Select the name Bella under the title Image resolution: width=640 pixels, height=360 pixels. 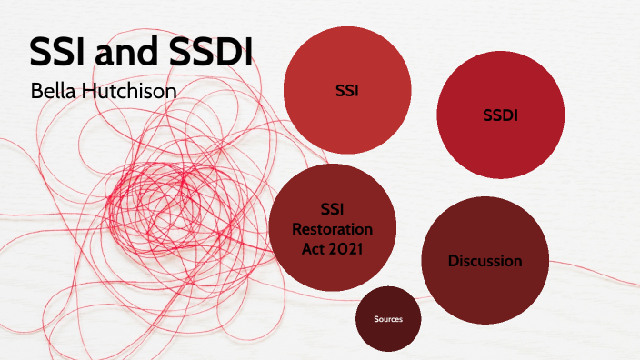click(x=50, y=91)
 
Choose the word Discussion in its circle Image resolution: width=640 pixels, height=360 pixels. click(x=485, y=261)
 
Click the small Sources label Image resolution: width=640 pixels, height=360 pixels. click(x=387, y=319)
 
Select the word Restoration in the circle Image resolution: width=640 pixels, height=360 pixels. click(x=333, y=228)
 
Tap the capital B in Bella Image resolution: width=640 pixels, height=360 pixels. click(x=36, y=91)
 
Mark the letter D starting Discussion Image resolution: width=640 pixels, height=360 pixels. click(x=453, y=261)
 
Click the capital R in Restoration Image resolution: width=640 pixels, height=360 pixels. click(x=296, y=228)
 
